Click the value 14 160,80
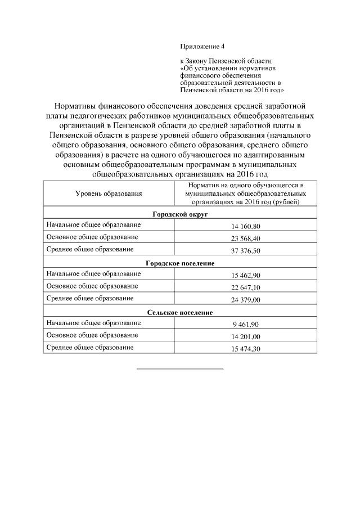point(245,226)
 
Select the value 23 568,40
point(245,238)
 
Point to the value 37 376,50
point(245,251)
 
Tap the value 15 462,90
point(245,275)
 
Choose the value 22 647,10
point(245,287)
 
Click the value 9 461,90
point(245,325)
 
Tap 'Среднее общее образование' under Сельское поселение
point(90,348)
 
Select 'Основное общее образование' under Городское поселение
point(92,286)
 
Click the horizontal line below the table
point(180,369)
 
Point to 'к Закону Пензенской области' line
point(225,60)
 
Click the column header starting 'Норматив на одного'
point(245,193)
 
